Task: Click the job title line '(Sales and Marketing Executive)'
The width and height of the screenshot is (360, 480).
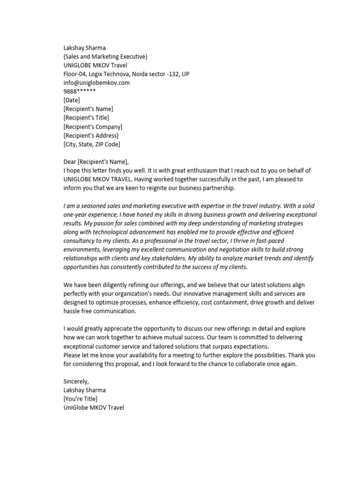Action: tap(105, 57)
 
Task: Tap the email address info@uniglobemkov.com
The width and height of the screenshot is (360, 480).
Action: tap(96, 82)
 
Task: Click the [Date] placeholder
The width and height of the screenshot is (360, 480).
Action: tap(72, 100)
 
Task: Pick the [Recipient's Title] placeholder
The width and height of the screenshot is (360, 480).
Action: tap(86, 118)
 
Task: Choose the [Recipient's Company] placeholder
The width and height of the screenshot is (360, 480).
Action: tap(92, 127)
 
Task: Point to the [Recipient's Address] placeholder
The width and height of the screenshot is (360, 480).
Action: tap(90, 135)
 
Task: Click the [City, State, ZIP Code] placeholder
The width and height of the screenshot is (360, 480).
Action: tap(95, 144)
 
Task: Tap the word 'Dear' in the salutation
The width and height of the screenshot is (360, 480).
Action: tap(69, 162)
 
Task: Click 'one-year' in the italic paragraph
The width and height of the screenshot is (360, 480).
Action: tap(75, 215)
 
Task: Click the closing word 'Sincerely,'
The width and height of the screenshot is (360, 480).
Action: tap(76, 382)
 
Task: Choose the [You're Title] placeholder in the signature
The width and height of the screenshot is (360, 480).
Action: tap(80, 399)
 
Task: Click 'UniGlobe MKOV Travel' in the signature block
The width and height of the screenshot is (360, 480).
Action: tap(93, 408)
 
